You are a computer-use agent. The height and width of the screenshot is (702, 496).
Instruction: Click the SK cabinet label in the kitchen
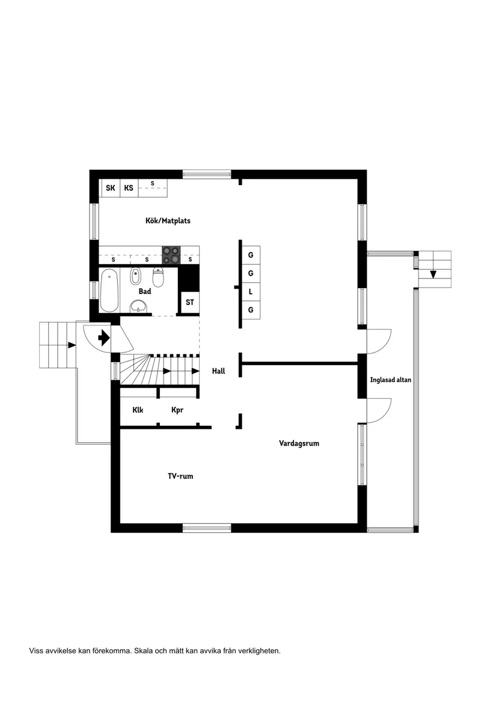(110, 188)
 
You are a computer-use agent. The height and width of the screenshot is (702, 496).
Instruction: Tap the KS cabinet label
(129, 188)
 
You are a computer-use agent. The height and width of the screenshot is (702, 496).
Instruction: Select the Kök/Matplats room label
(168, 221)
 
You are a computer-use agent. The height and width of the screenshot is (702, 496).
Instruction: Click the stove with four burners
(171, 255)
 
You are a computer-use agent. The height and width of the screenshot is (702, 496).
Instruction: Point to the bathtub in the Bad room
(109, 291)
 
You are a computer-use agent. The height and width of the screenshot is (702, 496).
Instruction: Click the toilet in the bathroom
(158, 277)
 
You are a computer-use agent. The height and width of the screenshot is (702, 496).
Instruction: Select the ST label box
(190, 302)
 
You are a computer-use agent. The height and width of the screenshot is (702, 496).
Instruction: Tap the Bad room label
(145, 291)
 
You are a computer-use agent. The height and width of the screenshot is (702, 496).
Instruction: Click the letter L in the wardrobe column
(250, 292)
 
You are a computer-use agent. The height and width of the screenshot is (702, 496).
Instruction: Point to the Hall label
(218, 371)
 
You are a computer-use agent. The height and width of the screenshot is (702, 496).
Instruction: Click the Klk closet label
(138, 410)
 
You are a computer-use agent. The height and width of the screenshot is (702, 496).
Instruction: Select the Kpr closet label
(177, 410)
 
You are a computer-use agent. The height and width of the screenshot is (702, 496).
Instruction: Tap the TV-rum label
(180, 476)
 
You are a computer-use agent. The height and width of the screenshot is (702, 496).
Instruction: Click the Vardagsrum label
(299, 443)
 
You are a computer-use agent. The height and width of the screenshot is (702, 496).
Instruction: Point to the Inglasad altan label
(391, 380)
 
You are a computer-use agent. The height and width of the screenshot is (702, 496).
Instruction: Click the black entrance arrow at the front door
(103, 337)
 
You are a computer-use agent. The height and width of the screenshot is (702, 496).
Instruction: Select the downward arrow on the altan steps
(432, 274)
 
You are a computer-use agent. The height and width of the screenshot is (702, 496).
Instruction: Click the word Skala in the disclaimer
(144, 650)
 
